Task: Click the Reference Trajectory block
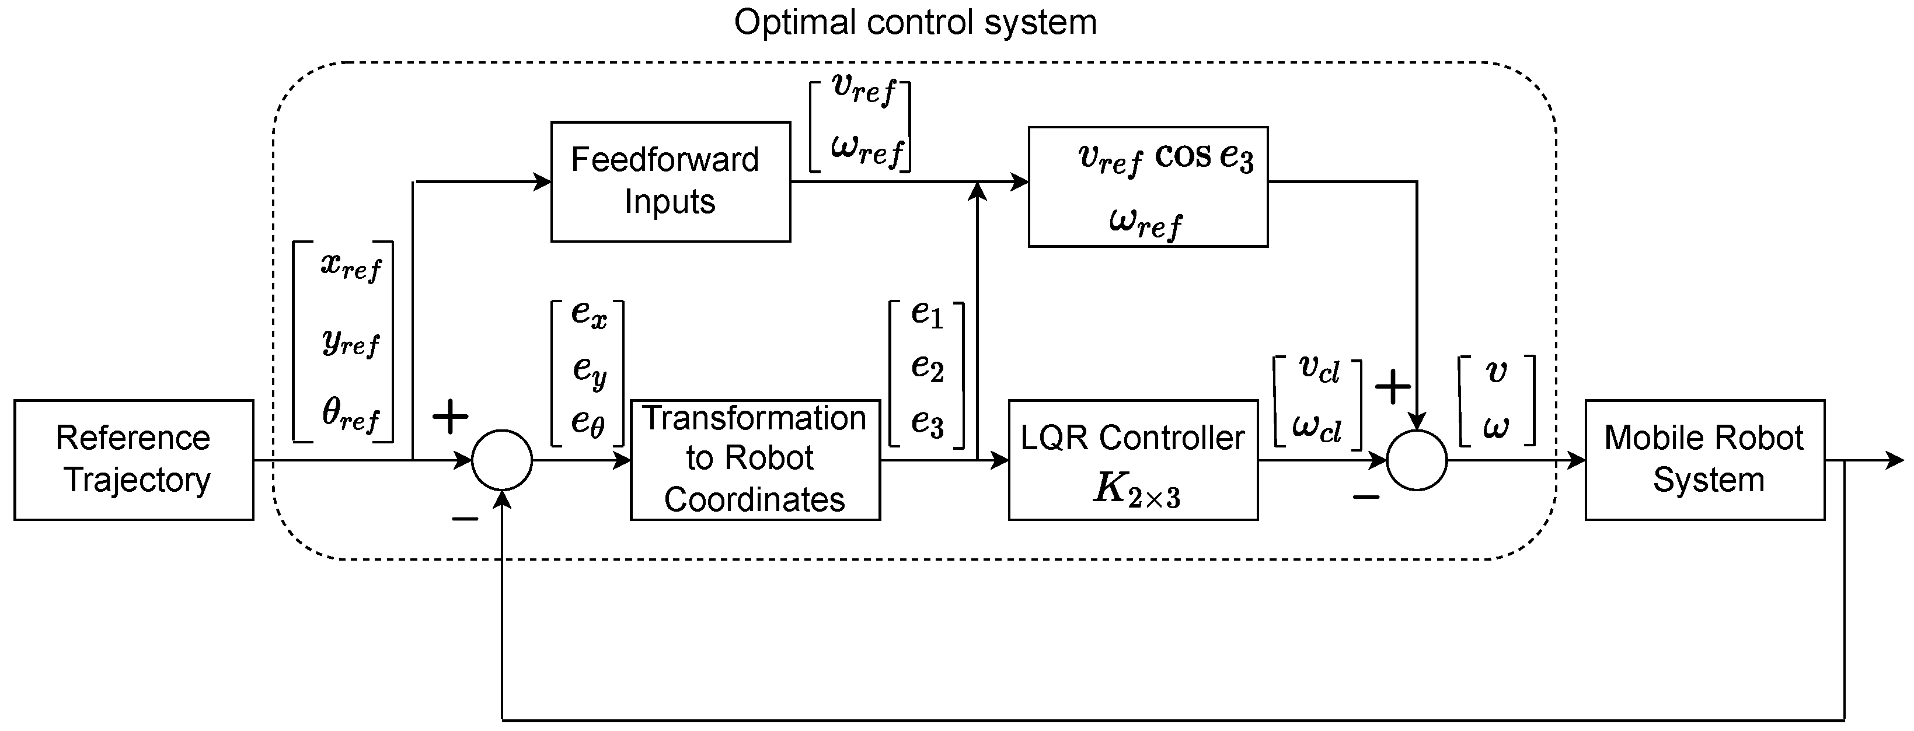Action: click(x=134, y=460)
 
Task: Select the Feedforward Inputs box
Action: click(x=670, y=182)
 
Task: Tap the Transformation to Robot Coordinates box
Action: click(x=755, y=460)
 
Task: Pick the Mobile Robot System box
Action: click(x=1704, y=460)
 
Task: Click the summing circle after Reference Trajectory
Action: click(x=502, y=460)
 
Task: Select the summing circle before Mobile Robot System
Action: click(x=1417, y=460)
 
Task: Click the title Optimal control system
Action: click(x=915, y=22)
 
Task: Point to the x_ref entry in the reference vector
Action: click(x=351, y=265)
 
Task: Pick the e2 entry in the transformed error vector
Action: click(x=928, y=368)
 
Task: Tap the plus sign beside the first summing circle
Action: click(x=450, y=417)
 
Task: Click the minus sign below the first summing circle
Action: click(x=465, y=519)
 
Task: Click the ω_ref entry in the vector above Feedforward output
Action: click(x=866, y=150)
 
